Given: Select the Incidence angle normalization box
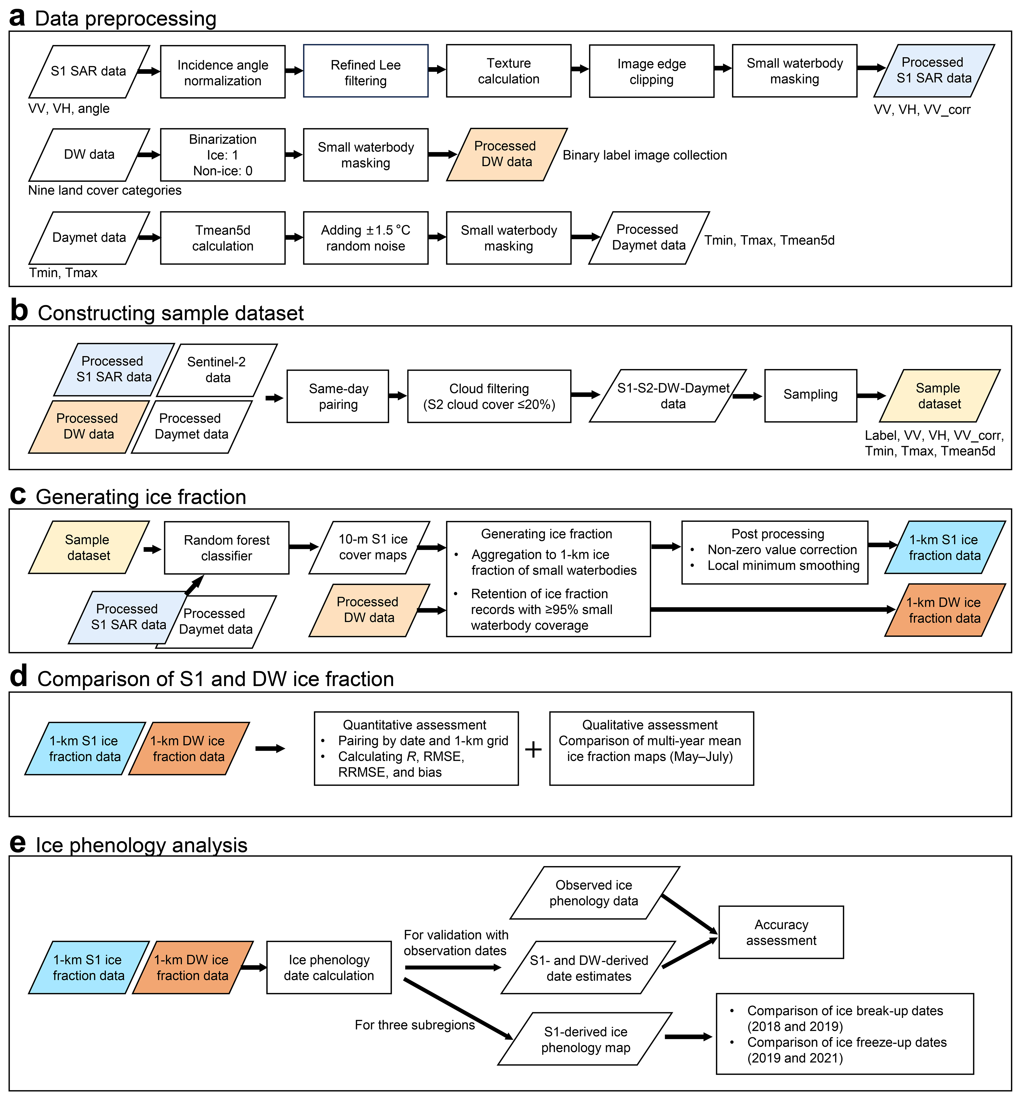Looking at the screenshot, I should click(223, 72).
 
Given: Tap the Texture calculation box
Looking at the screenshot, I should click(508, 71).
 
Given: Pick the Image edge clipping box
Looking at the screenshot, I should click(651, 71).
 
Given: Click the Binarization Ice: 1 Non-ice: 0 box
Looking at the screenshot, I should click(223, 155).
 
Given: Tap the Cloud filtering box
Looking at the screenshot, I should click(489, 396).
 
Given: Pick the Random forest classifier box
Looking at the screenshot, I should click(227, 548).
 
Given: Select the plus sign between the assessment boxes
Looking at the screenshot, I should click(533, 749).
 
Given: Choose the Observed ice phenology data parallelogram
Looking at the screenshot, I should click(594, 893).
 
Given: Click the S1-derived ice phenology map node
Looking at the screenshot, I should click(586, 1039).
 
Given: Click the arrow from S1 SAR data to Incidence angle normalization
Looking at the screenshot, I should click(148, 71).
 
